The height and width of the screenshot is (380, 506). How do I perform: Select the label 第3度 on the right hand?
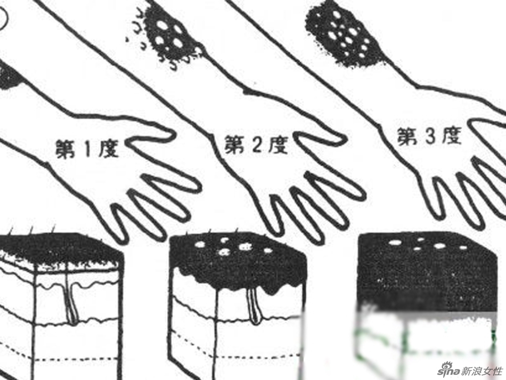428,138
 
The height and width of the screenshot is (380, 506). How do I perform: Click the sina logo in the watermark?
450,370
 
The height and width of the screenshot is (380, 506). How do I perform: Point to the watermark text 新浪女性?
482,370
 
